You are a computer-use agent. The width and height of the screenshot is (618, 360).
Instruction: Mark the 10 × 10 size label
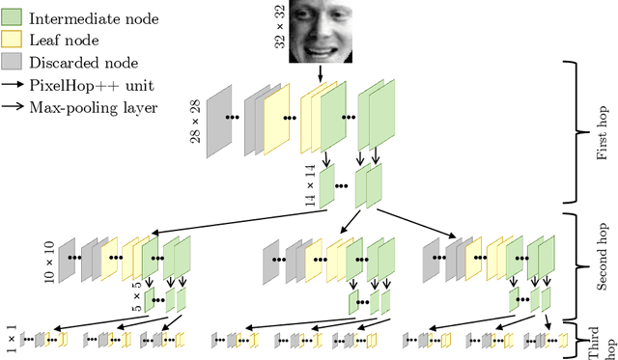[x=47, y=255]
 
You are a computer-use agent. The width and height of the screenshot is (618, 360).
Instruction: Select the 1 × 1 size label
[x=11, y=337]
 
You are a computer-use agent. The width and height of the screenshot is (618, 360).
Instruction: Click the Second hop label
[x=601, y=261]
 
